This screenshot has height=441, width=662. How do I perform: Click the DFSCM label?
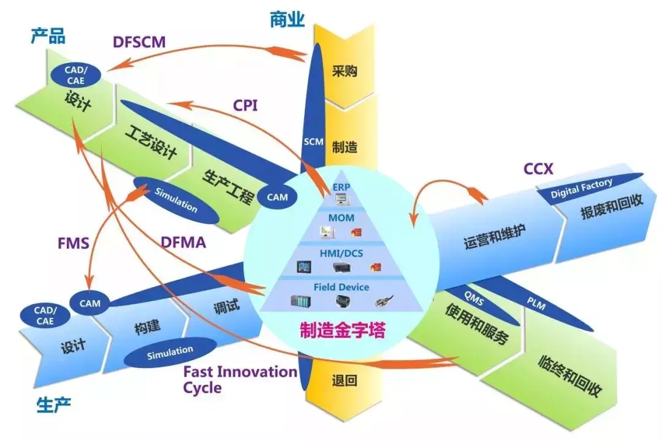pyautogui.click(x=139, y=42)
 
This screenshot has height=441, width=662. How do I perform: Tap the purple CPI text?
pyautogui.click(x=245, y=105)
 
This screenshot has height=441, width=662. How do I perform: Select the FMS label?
pyautogui.click(x=74, y=244)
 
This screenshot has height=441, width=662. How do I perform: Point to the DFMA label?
pyautogui.click(x=183, y=244)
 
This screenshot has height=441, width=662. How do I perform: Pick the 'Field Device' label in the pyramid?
pyautogui.click(x=341, y=287)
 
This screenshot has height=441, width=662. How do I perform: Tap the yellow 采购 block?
pyautogui.click(x=344, y=71)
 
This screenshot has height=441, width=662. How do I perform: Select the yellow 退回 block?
pyautogui.click(x=344, y=381)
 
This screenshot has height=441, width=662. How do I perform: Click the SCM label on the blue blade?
pyautogui.click(x=313, y=141)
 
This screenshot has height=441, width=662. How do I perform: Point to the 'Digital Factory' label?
pyautogui.click(x=581, y=187)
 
